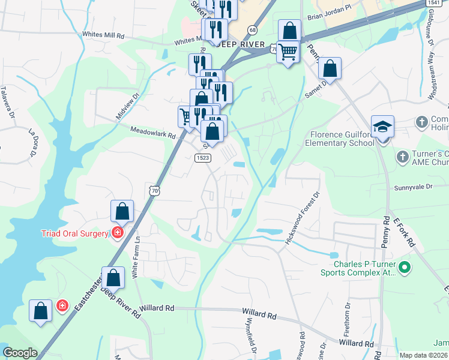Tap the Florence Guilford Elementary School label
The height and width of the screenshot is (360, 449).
pyautogui.click(x=339, y=139)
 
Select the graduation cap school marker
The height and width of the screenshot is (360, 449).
pyautogui.click(x=382, y=127)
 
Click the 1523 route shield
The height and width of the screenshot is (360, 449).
pyautogui.click(x=202, y=157)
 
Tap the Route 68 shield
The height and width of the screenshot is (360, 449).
pyautogui.click(x=252, y=30)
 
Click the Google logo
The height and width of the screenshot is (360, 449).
pyautogui.click(x=20, y=353)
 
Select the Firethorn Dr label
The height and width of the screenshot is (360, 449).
pyautogui.click(x=348, y=318)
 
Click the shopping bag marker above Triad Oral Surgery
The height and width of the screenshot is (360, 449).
pyautogui.click(x=122, y=211)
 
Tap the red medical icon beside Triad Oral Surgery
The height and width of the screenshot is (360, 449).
pyautogui.click(x=118, y=233)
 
